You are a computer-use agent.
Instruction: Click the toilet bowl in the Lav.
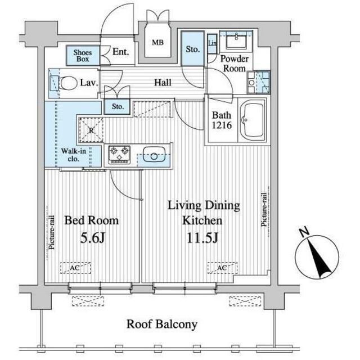click(x=69, y=83)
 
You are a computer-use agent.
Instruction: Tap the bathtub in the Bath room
click(x=253, y=120)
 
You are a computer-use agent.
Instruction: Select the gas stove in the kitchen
click(x=119, y=155)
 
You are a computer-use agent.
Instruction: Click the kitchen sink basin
click(x=154, y=154)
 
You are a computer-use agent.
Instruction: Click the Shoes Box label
click(x=83, y=56)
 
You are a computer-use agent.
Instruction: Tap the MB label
click(x=157, y=43)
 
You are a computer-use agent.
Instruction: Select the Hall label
click(x=163, y=83)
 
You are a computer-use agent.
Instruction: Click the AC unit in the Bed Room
click(x=75, y=268)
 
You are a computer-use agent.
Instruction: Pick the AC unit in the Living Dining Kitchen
click(x=222, y=268)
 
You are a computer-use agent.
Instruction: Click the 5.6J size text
click(x=92, y=238)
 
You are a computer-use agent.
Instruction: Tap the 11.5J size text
click(x=202, y=238)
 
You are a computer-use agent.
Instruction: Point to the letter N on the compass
click(x=305, y=232)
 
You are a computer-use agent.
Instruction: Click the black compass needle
click(x=318, y=257)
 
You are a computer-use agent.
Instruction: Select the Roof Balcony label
click(x=162, y=325)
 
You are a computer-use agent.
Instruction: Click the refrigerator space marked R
click(x=91, y=130)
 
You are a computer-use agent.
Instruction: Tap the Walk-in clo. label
click(x=74, y=155)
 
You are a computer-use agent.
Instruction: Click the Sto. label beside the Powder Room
click(x=192, y=49)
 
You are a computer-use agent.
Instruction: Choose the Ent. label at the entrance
click(x=120, y=52)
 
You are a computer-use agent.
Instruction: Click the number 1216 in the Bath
click(x=222, y=125)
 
